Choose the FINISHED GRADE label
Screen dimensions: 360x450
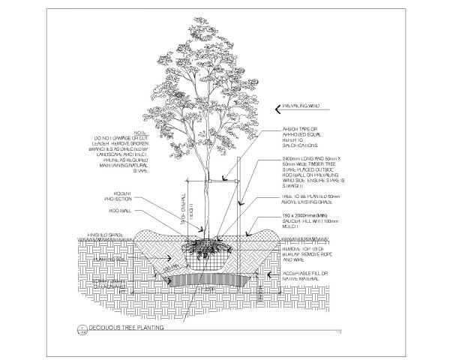point(104,235)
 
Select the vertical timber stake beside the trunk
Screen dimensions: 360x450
point(239,195)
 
